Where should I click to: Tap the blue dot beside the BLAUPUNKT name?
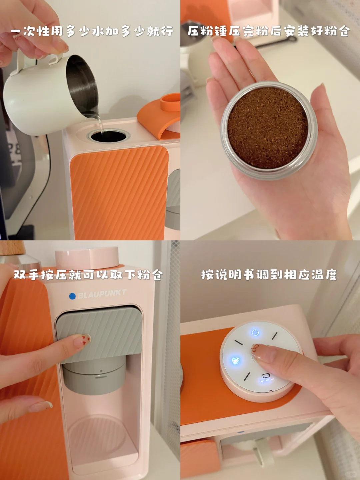coord(72,296)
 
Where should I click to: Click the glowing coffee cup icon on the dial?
coord(235,360)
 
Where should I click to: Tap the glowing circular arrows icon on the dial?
coord(255,333)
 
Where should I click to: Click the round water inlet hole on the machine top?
coord(108,136)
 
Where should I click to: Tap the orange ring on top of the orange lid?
coord(170,102)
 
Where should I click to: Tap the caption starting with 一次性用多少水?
coord(92,31)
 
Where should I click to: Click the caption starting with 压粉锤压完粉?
coord(269,31)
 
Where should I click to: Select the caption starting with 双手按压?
coord(88,275)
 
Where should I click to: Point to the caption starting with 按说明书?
coord(269,275)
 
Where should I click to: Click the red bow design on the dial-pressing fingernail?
coord(255,348)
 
